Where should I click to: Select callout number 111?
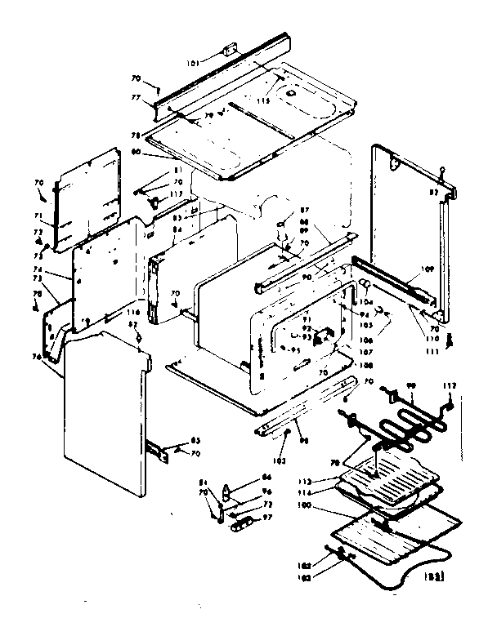tap(432, 351)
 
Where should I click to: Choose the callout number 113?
tap(329, 481)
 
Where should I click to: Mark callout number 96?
tap(266, 492)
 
